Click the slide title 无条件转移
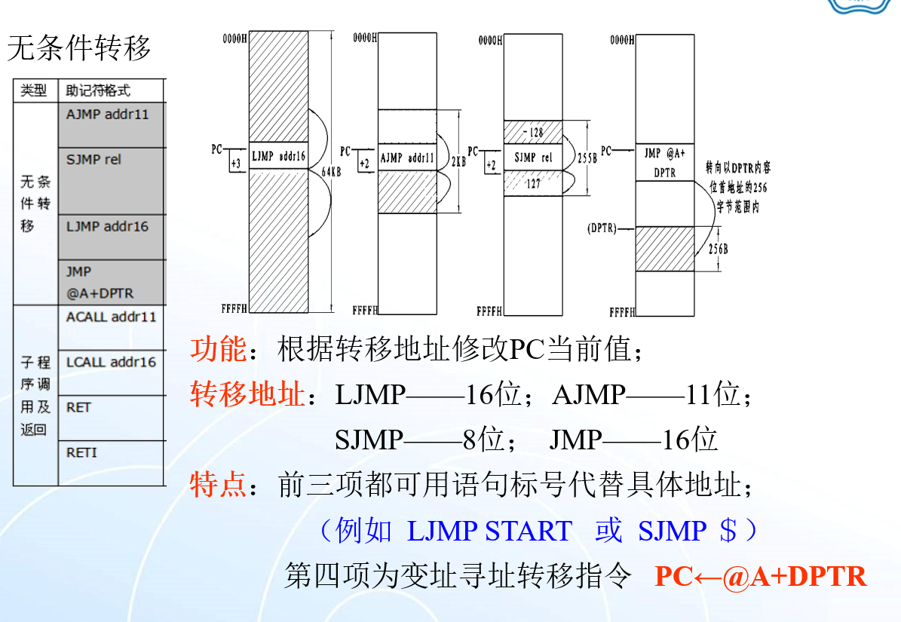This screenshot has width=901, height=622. pos(79,48)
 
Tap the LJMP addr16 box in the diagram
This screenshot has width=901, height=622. pos(278,157)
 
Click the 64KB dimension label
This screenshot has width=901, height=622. pos(332,171)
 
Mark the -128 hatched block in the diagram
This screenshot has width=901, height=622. pos(533,132)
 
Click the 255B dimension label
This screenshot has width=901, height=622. pos(587,159)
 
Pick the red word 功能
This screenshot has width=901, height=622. pos(218,350)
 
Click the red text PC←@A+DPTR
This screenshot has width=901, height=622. pos(760,577)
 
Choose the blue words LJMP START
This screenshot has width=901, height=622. pos(489,532)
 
